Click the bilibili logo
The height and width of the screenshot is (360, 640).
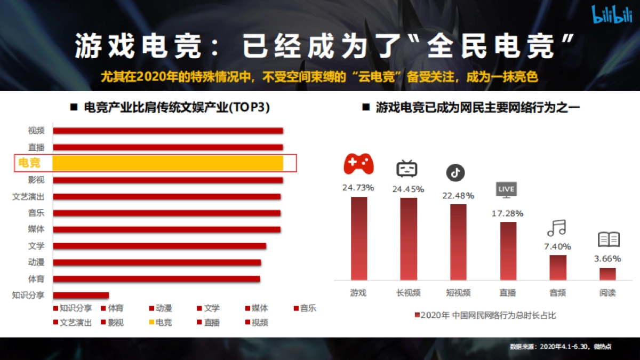point(612,15)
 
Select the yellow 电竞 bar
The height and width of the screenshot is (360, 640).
point(167,163)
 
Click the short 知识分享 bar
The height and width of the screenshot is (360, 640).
point(81,295)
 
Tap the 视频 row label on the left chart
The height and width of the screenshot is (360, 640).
point(36,131)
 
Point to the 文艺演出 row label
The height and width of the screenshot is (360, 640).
point(28,197)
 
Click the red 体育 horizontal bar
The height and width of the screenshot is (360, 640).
point(156,279)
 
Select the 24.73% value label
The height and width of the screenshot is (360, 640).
point(358,188)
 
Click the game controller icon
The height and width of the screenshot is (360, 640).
point(358,164)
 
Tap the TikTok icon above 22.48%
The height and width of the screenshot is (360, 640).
point(455,173)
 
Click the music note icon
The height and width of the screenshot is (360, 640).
point(556,228)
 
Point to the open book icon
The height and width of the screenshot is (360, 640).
point(608,239)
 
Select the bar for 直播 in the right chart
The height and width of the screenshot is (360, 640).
point(508,251)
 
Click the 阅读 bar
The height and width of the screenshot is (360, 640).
point(607,274)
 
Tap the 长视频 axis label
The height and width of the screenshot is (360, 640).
point(409,293)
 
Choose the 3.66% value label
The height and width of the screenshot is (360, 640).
point(607,259)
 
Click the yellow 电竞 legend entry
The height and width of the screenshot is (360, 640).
point(161,323)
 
